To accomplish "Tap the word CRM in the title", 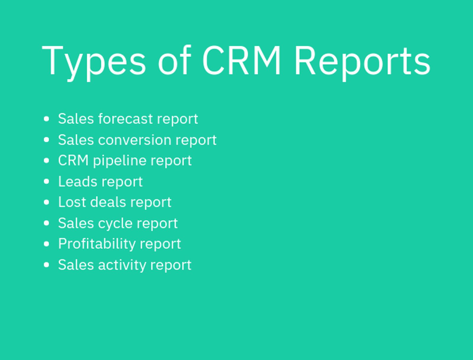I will point(241,60).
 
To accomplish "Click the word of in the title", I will point(174,60).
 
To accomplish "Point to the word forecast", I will point(125,119).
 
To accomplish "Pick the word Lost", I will point(72,202).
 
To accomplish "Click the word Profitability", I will point(97,244).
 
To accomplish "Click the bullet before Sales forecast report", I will point(46,119).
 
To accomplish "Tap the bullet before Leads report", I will point(46,181).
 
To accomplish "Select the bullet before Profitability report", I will point(46,244).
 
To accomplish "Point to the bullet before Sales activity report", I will point(46,265).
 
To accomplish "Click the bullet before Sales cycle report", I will point(46,223).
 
